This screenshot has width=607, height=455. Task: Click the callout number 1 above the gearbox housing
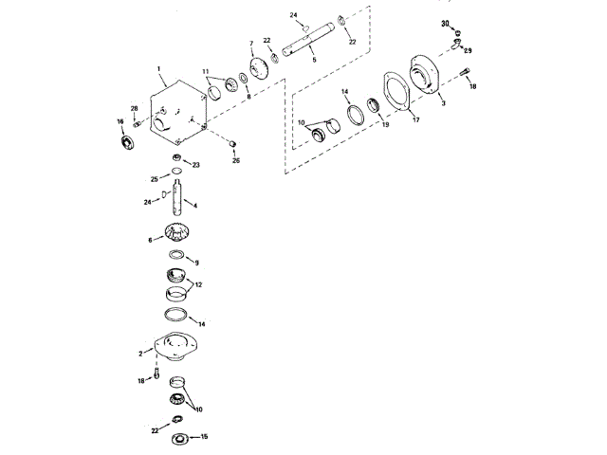(x=158, y=68)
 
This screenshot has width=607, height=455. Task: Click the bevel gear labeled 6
(x=178, y=233)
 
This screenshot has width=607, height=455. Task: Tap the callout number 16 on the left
(x=120, y=121)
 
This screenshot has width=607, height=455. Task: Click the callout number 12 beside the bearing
(x=198, y=284)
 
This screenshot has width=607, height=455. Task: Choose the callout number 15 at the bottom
(x=204, y=437)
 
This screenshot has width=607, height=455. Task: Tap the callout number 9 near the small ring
(x=196, y=263)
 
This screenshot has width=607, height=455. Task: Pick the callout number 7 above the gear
(x=250, y=44)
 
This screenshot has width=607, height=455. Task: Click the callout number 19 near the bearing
(x=385, y=124)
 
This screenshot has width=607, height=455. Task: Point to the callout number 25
(x=154, y=179)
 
